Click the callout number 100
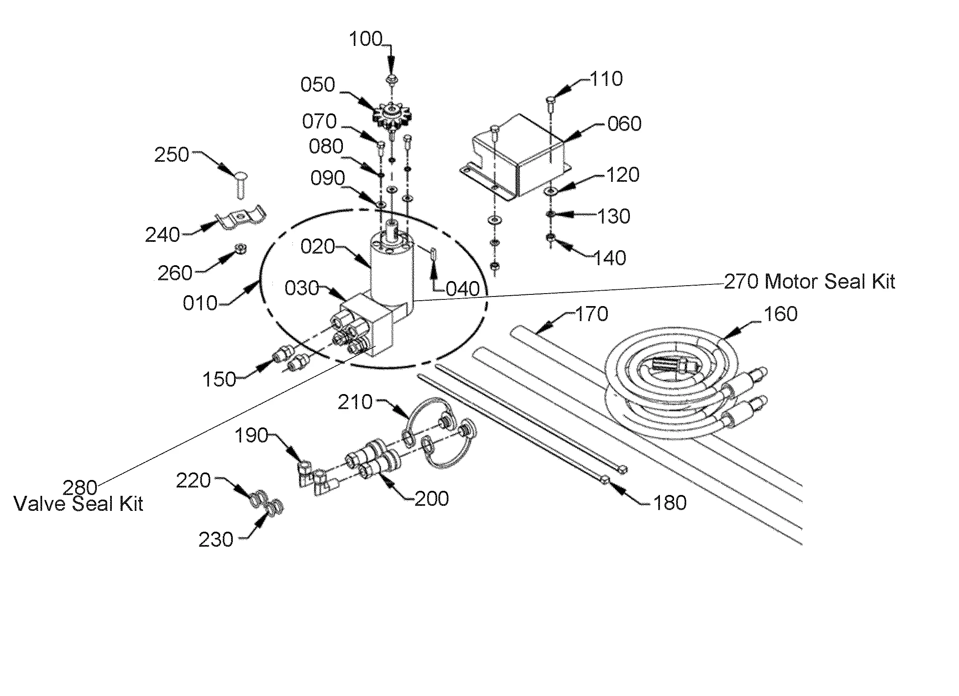tap(366, 39)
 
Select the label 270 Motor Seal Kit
tap(809, 281)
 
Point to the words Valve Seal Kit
tap(79, 504)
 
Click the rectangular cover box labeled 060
tap(516, 156)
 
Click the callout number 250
tap(171, 155)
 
